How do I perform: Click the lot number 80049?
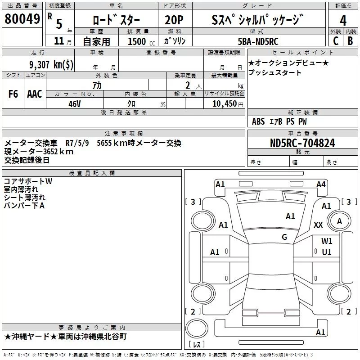(22, 19)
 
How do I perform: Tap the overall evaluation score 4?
(343, 20)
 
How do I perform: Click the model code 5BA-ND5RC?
(258, 41)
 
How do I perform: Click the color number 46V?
(74, 103)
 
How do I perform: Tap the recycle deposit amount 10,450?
(224, 103)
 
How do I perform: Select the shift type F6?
(13, 94)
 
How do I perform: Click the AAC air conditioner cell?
(35, 94)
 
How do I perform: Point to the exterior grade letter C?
(336, 41)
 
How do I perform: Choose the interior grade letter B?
(350, 41)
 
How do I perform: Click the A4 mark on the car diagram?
(321, 184)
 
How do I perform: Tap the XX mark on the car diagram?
(318, 225)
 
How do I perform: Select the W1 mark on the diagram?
(327, 241)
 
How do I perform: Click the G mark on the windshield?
(284, 237)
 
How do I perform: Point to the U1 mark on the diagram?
(327, 252)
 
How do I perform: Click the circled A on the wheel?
(340, 221)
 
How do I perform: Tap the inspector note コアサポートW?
(28, 181)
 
